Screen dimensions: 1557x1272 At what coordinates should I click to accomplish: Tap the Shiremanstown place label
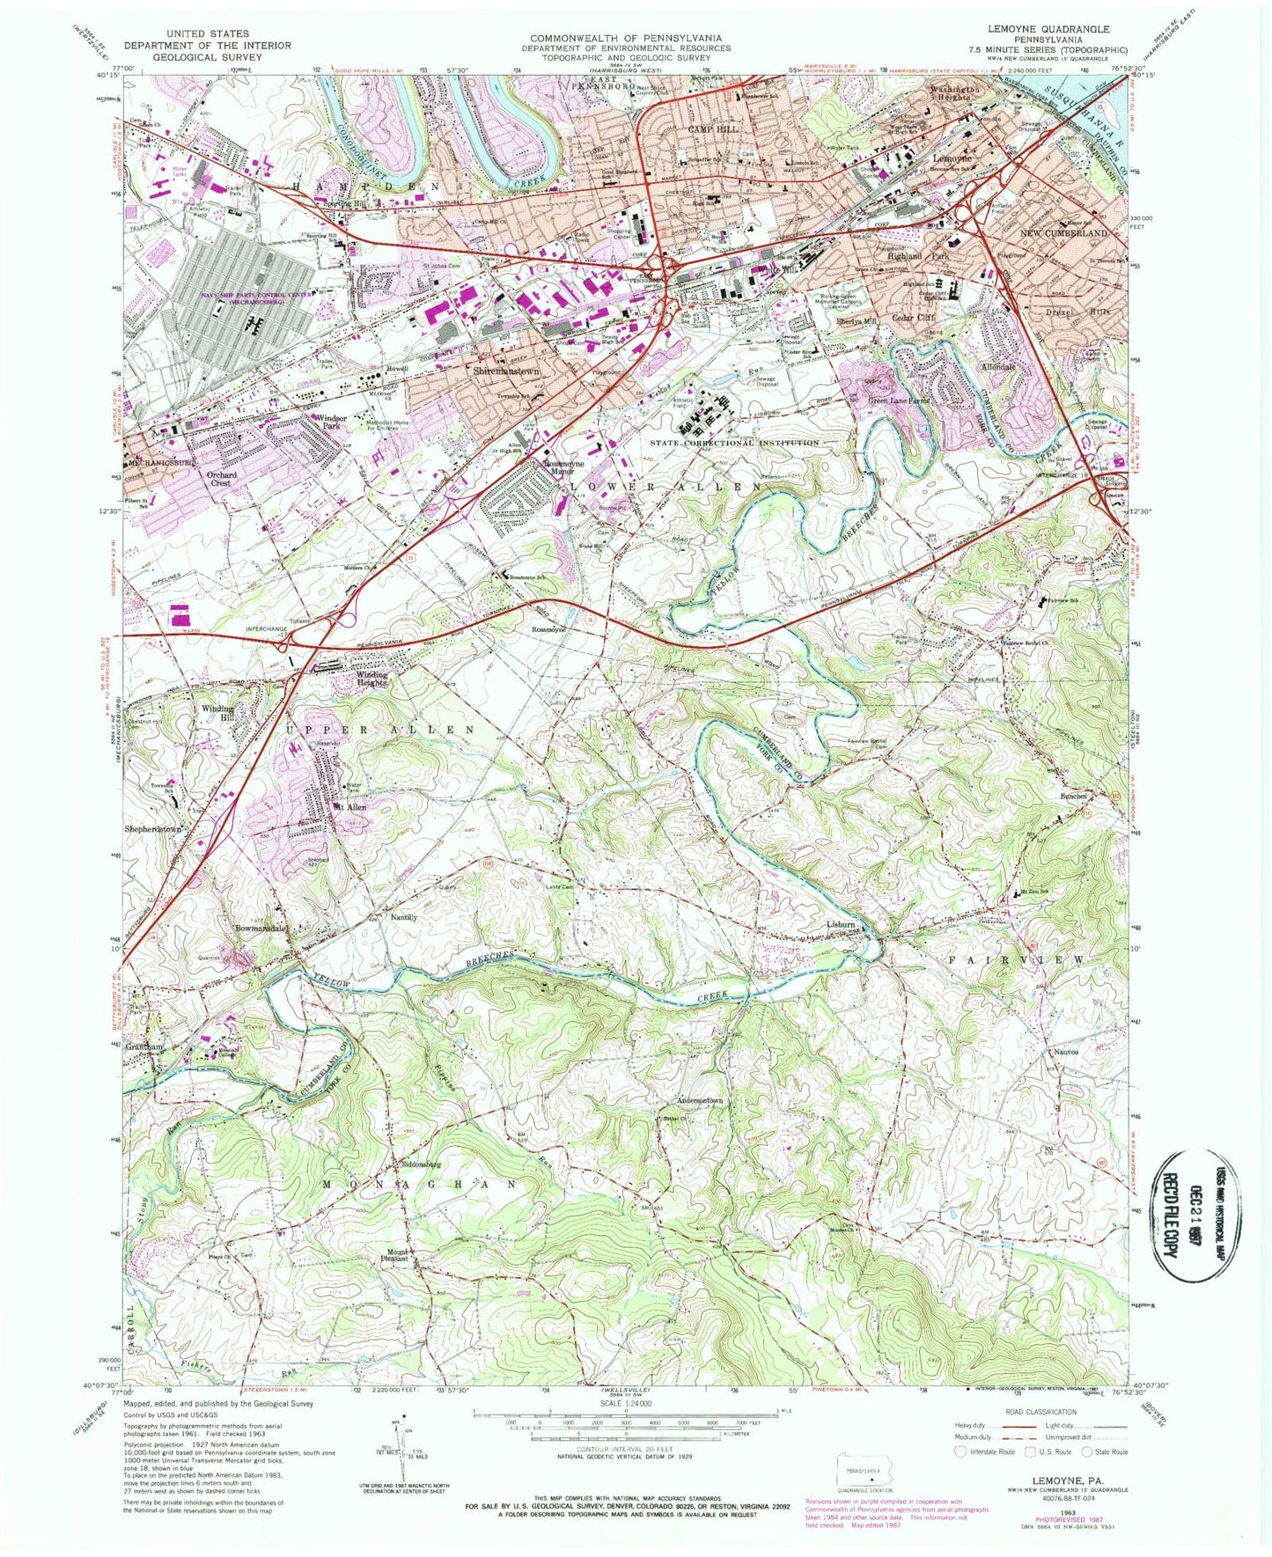pos(505,372)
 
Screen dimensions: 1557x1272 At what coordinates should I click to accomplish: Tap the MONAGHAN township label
pos(419,1185)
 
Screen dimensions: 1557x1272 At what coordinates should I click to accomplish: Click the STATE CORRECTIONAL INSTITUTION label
pos(746,443)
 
